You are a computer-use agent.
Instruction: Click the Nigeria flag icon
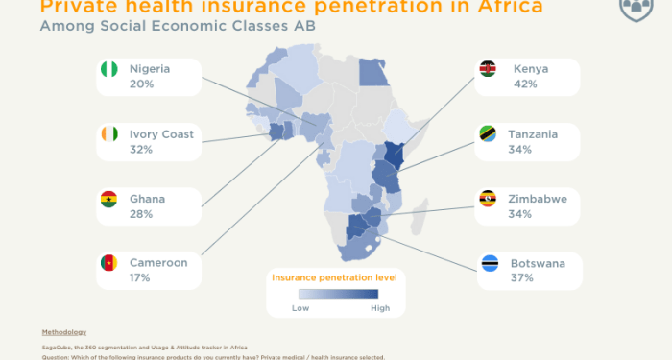click(108, 70)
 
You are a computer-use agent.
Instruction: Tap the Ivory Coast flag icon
click(108, 135)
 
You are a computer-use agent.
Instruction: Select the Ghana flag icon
click(108, 200)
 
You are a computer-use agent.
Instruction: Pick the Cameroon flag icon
click(108, 263)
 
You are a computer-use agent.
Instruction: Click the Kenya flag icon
click(489, 70)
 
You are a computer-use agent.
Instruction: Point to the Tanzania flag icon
click(489, 135)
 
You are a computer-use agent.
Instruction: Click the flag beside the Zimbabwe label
click(489, 200)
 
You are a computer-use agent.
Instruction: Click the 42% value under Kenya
click(525, 84)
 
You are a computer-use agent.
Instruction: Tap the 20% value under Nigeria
click(141, 84)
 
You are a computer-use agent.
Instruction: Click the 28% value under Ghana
click(141, 214)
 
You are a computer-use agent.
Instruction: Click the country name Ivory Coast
click(161, 134)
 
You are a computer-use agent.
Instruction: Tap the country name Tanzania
click(535, 134)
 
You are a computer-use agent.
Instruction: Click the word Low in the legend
click(300, 308)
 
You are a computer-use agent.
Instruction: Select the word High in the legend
click(380, 308)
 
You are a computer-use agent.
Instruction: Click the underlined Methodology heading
click(63, 332)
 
